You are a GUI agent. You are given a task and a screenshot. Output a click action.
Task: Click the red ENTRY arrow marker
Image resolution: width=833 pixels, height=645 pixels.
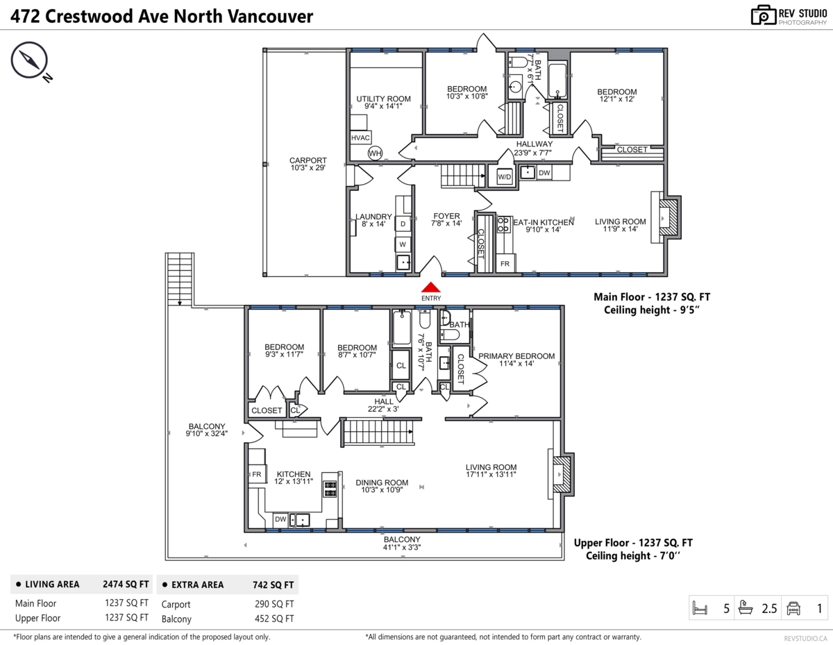coord(431,287)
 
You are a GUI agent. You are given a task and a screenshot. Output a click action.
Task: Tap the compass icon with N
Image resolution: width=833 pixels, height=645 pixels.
coord(29,60)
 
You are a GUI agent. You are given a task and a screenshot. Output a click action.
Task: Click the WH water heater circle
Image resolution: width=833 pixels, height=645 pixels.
coord(375,153)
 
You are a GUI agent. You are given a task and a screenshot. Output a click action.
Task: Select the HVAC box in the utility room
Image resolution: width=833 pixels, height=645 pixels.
coord(360,137)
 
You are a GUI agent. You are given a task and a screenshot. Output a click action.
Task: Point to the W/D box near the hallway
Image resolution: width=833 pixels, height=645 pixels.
coord(504,177)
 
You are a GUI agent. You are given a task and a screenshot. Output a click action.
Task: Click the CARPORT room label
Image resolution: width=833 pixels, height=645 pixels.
coord(308,164)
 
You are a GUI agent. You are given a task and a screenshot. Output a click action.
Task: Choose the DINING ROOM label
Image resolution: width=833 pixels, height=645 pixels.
coord(382,486)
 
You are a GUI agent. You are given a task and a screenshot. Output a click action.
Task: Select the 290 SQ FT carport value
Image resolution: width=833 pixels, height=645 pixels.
coord(274,604)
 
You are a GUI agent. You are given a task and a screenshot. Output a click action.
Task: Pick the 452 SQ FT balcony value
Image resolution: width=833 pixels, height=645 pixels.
coord(274,619)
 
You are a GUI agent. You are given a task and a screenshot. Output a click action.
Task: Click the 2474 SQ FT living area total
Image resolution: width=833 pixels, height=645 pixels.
coord(126,585)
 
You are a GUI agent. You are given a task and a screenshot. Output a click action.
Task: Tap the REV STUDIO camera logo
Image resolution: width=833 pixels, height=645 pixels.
coord(764,15)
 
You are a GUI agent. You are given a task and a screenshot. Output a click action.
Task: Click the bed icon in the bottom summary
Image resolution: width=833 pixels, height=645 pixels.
coord(700,609)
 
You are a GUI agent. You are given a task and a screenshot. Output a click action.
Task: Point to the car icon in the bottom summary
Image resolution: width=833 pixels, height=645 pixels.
coord(793,609)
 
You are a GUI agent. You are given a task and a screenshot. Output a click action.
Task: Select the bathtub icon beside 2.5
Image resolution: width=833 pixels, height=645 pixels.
coord(746,609)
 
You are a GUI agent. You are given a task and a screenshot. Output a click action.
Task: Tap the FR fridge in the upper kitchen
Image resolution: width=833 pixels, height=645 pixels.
coord(255,474)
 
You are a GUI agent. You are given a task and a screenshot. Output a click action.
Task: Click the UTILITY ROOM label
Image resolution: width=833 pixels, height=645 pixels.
coord(383,102)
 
